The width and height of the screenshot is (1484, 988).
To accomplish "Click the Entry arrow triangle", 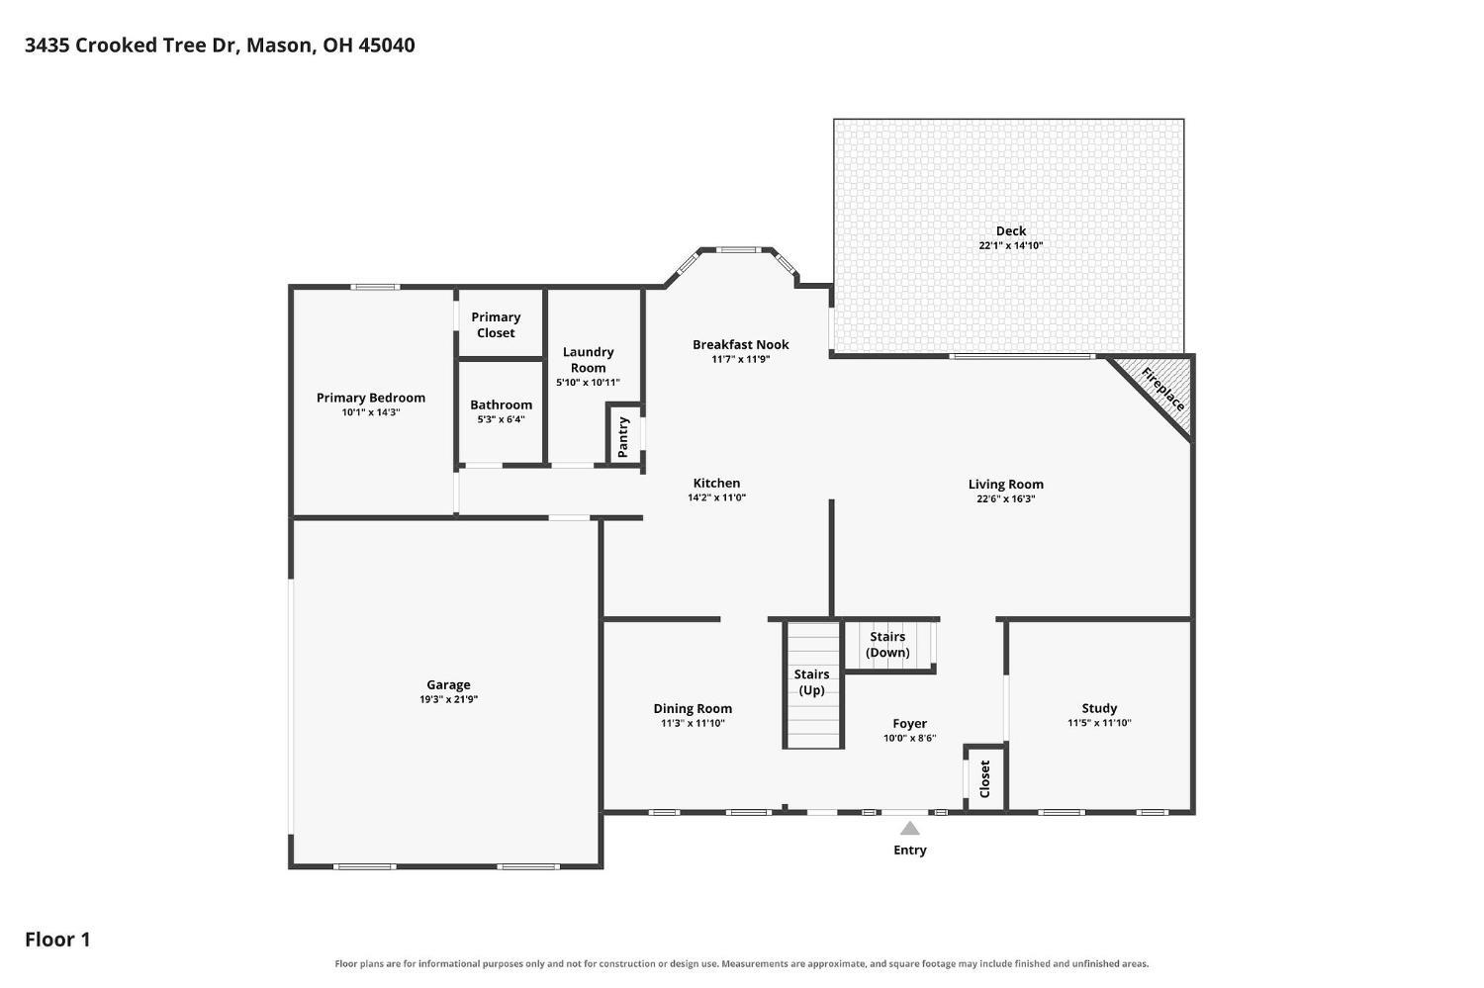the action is coord(909,829).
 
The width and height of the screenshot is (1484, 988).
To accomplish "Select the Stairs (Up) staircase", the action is coord(813,685).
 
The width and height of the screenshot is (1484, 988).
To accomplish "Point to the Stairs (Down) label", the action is coord(887,644).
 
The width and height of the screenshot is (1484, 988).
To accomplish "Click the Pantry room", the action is coord(623,434).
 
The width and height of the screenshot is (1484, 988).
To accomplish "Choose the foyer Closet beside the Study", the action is coord(984,778).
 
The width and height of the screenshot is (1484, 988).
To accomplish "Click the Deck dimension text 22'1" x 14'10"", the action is coord(1011,245).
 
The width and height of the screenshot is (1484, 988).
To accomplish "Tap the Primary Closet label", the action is coord(496,325).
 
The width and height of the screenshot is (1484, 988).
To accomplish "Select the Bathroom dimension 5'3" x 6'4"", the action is coord(501,420).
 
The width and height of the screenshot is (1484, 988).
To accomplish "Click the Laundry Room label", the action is coord(589,360).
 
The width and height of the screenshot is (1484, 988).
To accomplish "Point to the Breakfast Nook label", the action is coord(741,344).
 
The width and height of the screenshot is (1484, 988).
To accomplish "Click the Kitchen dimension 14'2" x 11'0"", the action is coord(717,498).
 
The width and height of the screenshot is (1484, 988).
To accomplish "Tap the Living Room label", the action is coord(1006,485).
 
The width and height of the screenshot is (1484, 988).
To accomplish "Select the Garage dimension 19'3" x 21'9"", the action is coord(448,699).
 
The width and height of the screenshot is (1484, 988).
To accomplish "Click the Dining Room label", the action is coord(693,708).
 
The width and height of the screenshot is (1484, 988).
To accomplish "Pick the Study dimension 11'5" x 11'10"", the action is coord(1099,723).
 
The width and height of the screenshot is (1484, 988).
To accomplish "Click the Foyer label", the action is coord(909,724).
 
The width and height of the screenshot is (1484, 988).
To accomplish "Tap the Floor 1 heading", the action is coord(57,940).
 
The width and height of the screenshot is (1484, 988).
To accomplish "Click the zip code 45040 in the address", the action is coord(387,45).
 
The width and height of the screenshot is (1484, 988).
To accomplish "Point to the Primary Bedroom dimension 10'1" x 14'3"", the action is coord(371,412).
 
